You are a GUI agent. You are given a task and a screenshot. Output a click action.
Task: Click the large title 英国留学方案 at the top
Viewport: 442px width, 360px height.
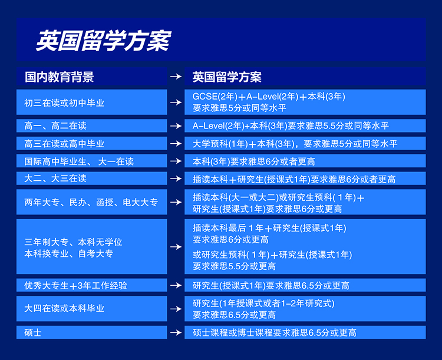click(x=104, y=41)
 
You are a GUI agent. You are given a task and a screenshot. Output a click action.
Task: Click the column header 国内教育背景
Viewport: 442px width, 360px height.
click(x=59, y=77)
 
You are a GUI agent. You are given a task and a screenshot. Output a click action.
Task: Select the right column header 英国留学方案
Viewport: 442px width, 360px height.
click(x=227, y=77)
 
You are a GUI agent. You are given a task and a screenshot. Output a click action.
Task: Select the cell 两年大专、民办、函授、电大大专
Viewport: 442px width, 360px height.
click(x=91, y=203)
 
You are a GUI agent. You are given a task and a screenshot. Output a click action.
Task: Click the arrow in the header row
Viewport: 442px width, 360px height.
click(x=176, y=77)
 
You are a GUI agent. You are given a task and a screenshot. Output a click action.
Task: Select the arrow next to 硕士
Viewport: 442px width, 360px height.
click(x=176, y=333)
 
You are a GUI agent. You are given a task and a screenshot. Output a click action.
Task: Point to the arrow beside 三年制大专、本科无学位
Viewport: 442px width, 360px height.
click(x=176, y=247)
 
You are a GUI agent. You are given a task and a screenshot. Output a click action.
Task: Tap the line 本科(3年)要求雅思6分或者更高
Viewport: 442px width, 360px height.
click(x=253, y=161)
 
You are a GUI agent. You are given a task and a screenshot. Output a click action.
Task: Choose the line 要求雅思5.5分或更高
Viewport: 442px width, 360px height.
click(x=234, y=266)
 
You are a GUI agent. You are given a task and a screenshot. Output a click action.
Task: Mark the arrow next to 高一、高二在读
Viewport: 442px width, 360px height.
click(x=176, y=125)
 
